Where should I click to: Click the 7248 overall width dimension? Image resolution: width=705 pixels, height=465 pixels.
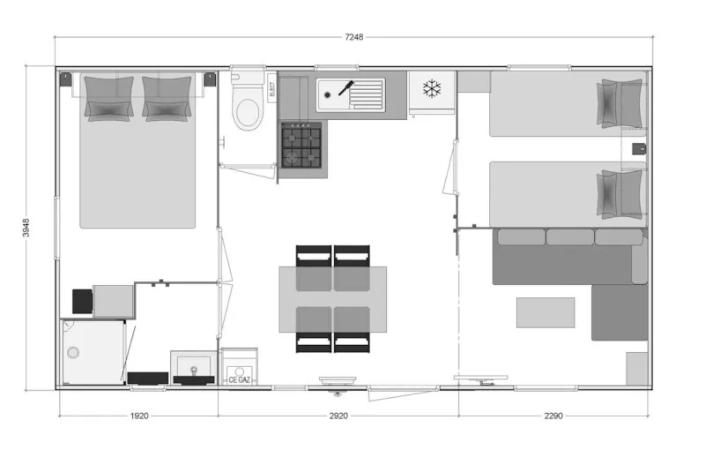(353, 37)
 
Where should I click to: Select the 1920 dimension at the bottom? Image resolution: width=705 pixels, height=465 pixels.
(138, 415)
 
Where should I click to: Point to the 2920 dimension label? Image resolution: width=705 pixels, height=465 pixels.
(338, 415)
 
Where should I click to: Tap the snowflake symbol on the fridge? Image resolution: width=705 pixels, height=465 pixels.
(431, 88)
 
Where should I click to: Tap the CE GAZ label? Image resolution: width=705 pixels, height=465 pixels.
(239, 379)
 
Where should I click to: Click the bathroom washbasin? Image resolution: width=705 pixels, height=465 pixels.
(192, 366)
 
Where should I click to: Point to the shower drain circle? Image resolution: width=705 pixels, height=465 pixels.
(73, 352)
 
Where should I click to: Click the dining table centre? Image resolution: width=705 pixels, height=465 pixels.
(333, 299)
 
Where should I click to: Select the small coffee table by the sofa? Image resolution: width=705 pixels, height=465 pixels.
(545, 312)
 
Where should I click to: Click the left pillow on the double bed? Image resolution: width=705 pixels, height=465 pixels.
(109, 97)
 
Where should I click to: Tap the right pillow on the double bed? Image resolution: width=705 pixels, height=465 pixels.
(167, 97)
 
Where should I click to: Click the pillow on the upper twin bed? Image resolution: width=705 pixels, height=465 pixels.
(621, 102)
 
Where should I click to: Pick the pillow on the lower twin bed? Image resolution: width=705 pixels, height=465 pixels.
(621, 193)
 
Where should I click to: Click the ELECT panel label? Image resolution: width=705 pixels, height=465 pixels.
(271, 88)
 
